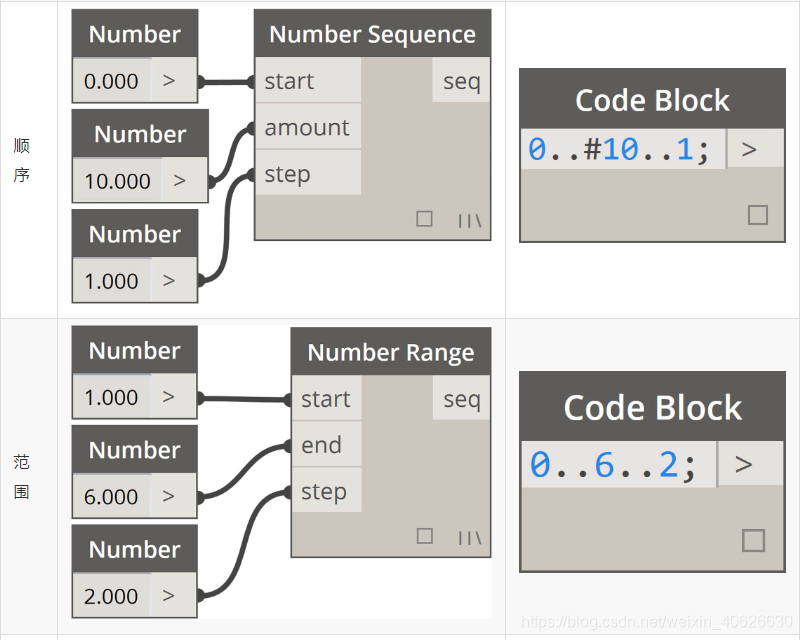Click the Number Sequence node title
372,34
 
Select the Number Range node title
390,352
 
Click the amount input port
307,127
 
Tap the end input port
322,445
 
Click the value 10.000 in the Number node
117,181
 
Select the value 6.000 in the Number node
111,496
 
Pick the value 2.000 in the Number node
111,596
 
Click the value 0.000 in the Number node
111,81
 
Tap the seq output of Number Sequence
461,81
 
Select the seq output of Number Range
461,399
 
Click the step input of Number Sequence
287,174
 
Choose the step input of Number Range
324,492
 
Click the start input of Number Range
326,399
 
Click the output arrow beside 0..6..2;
743,464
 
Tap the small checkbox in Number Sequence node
424,218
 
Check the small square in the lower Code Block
753,541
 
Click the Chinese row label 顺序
21,160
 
